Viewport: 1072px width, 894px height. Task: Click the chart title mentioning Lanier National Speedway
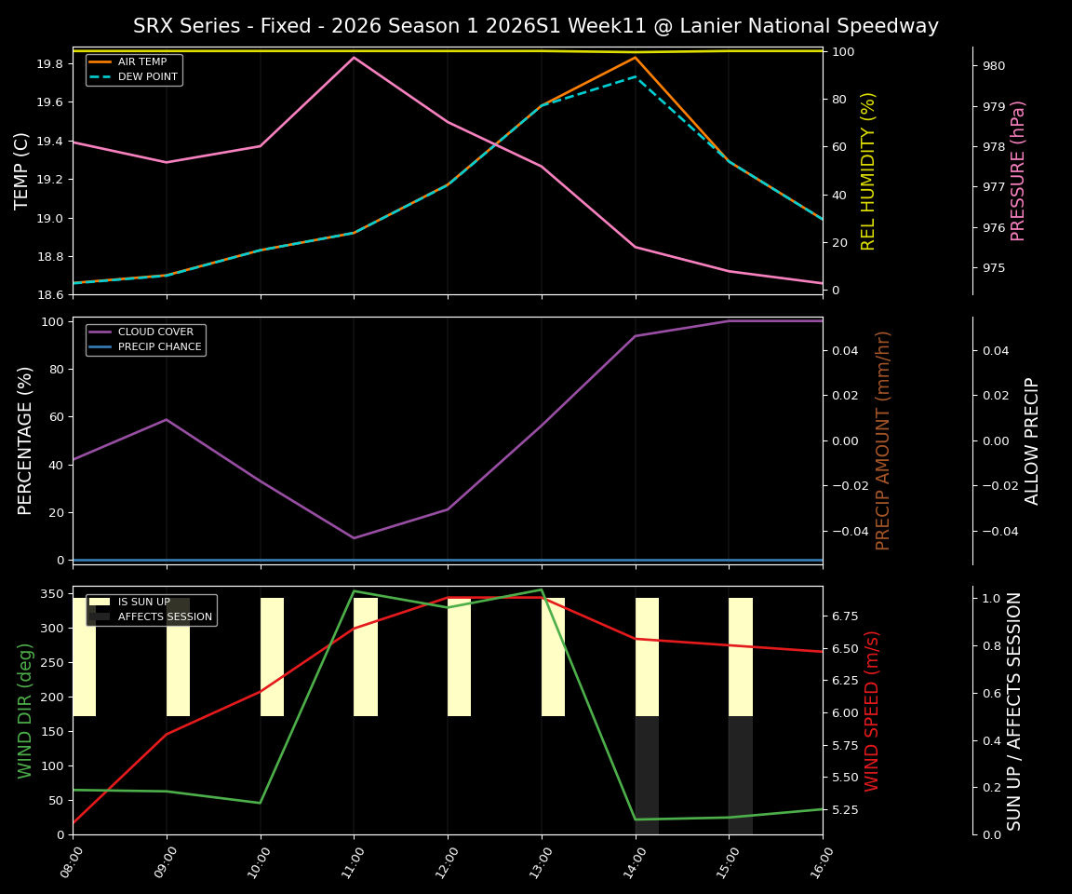click(535, 26)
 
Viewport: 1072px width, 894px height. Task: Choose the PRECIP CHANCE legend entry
click(159, 346)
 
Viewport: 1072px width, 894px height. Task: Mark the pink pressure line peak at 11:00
click(354, 58)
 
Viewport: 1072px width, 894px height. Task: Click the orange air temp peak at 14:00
click(636, 58)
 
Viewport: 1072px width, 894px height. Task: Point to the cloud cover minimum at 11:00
click(354, 537)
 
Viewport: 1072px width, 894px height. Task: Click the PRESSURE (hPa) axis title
click(1018, 170)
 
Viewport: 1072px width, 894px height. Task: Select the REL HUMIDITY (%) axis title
click(868, 170)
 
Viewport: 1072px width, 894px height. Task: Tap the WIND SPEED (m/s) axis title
click(872, 711)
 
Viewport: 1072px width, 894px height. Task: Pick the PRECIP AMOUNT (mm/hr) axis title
click(883, 440)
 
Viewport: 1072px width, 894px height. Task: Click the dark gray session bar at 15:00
click(740, 775)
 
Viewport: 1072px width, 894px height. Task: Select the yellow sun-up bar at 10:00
click(272, 657)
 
